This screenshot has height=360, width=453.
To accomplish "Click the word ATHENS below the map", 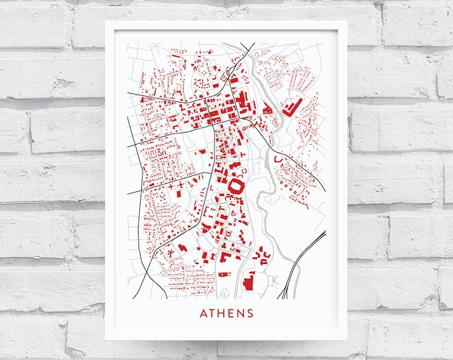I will [x=226, y=313].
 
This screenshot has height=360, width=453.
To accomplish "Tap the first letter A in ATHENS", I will [x=203, y=313].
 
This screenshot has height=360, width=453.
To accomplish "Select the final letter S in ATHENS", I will [x=250, y=313].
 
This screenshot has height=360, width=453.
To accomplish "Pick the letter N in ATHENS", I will [x=240, y=313].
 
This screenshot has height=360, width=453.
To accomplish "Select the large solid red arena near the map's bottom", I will [x=249, y=282].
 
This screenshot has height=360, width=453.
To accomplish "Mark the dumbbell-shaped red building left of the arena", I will [x=225, y=274].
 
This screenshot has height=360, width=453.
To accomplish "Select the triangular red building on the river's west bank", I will [x=266, y=107].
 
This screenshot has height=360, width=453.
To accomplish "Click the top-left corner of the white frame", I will [x=106, y=21].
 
